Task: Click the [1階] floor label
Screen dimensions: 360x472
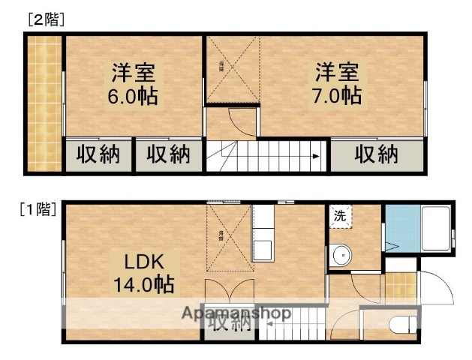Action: (36, 210)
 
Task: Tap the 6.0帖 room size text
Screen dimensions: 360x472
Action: (134, 97)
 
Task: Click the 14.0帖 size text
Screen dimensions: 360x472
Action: (145, 284)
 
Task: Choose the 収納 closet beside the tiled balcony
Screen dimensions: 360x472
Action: (98, 155)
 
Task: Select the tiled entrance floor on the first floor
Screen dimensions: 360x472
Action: (399, 287)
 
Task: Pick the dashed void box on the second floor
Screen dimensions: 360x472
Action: (233, 69)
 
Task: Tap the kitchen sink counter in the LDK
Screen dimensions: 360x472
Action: (263, 232)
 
